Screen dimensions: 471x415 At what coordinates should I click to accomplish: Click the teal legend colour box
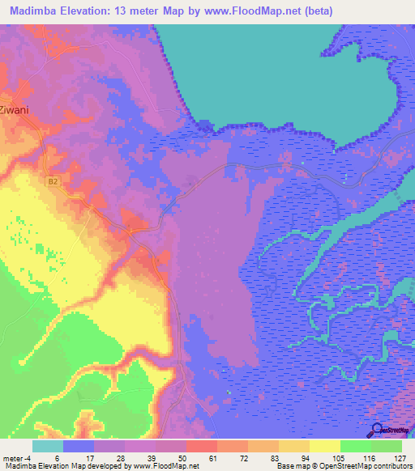coord(48,446)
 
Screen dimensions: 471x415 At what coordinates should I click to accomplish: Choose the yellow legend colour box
coord(325,446)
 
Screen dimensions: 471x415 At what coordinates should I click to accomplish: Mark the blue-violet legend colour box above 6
coord(79,446)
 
